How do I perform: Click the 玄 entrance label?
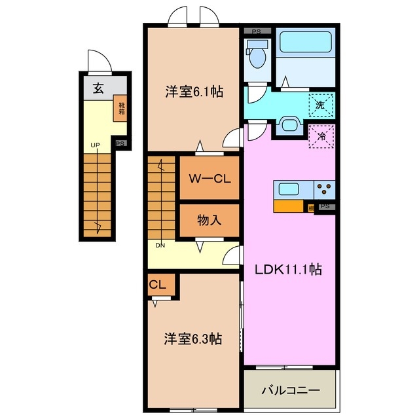pos(97,89)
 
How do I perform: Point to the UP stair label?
pos(95,145)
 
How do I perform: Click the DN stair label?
pos(160,246)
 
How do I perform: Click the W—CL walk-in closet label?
pos(208,179)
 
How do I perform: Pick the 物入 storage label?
pos(209,221)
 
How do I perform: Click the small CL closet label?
pos(158,285)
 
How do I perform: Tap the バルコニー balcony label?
pos(291,390)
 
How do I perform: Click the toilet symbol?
pos(258,56)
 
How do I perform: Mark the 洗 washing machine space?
pos(321,103)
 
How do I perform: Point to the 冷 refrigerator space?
pos(321,136)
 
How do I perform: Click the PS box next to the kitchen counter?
pos(325,207)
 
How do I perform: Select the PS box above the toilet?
pos(257,30)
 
